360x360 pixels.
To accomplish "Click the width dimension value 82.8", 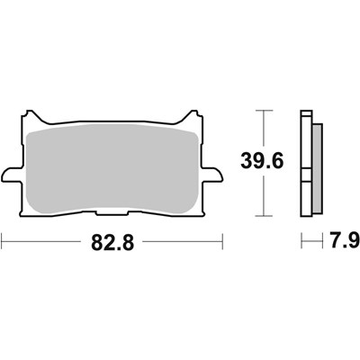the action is tap(112, 242).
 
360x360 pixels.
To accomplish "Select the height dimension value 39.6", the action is tap(262, 162).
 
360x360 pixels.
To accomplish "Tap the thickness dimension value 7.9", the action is tap(345, 240).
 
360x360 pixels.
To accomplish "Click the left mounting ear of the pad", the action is tap(12, 175).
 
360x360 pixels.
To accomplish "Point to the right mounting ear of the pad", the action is tap(213, 175).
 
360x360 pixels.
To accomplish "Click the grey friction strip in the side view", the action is tap(318, 168).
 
